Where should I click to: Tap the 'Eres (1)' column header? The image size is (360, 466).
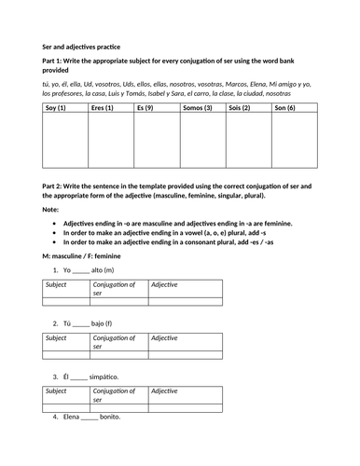[x=99, y=108]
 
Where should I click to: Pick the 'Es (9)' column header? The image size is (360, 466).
[x=145, y=108]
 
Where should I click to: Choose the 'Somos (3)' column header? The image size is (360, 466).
[x=197, y=108]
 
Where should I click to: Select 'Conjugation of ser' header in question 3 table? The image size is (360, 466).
[x=113, y=395]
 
